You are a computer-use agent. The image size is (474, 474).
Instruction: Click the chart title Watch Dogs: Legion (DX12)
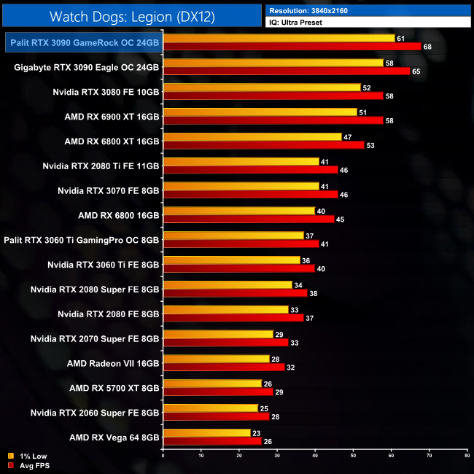(131, 16)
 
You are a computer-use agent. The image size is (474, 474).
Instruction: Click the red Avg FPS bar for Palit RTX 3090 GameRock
(292, 47)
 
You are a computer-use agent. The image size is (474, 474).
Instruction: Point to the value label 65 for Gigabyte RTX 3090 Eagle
(415, 71)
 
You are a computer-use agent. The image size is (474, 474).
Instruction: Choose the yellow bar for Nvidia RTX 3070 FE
(241, 187)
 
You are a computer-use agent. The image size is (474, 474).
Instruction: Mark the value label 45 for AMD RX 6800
(339, 219)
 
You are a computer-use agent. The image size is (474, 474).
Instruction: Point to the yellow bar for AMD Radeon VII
(217, 359)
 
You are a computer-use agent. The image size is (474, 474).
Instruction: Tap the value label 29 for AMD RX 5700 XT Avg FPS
(279, 392)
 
